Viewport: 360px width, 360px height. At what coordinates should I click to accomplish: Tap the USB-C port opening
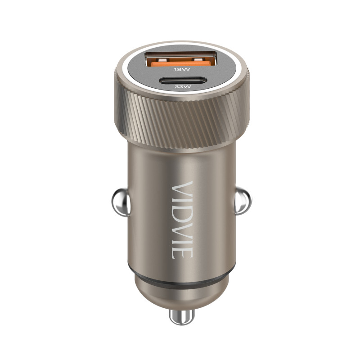click(x=180, y=82)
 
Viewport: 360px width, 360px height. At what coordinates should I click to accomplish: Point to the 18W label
click(x=180, y=71)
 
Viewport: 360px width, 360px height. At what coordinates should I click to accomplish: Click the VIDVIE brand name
click(x=182, y=220)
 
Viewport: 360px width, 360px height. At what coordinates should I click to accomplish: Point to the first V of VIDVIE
click(x=182, y=187)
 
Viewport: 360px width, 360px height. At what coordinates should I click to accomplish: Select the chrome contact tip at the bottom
click(x=181, y=317)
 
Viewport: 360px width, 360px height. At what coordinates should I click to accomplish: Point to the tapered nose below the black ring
click(x=180, y=292)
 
